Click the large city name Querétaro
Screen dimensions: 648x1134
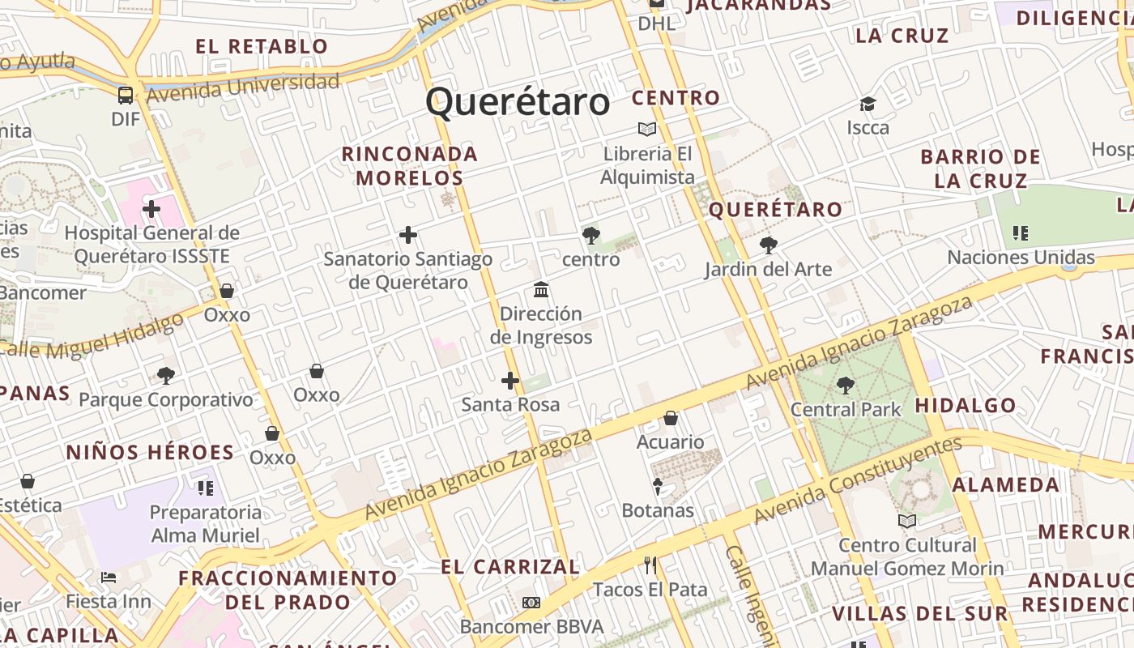click(x=518, y=103)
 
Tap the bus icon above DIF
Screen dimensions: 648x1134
click(x=126, y=96)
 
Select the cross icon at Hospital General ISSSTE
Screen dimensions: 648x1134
click(x=151, y=209)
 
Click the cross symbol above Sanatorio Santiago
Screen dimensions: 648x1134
click(x=408, y=235)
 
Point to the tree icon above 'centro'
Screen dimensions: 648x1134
click(x=591, y=236)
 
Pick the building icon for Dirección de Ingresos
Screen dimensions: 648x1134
click(x=541, y=289)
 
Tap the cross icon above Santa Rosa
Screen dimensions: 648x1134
click(x=510, y=380)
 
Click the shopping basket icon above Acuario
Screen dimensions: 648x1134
click(x=671, y=418)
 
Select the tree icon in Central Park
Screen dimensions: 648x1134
click(x=846, y=386)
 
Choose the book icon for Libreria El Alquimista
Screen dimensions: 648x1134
click(x=647, y=129)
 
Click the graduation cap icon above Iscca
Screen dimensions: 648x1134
click(x=868, y=104)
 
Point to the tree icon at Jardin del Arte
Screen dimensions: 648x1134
click(x=768, y=245)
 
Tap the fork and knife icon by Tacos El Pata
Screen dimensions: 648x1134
click(x=650, y=565)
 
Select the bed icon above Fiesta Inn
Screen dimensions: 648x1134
click(x=109, y=578)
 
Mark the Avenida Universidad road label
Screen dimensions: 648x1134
click(x=243, y=87)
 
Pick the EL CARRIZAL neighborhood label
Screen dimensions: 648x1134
click(x=510, y=567)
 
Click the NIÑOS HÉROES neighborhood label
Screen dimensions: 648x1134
click(x=150, y=453)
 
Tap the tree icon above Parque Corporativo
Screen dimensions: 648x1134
click(x=166, y=375)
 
